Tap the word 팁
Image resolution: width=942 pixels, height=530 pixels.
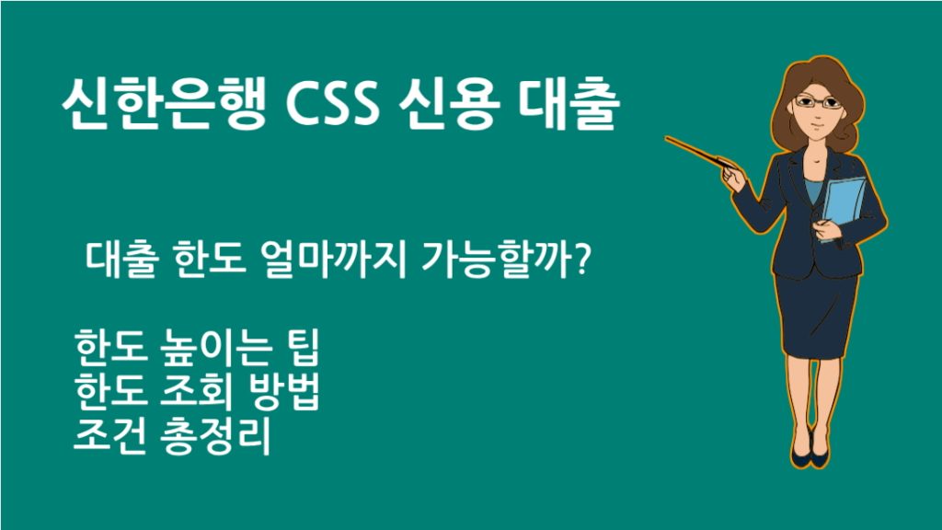tap(299, 353)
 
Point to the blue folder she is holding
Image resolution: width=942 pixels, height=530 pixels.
tap(843, 207)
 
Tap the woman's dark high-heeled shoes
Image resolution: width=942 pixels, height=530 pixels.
tap(809, 455)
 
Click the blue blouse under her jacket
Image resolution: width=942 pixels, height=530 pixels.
tap(813, 189)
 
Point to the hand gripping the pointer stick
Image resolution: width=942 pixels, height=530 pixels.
tap(733, 175)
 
